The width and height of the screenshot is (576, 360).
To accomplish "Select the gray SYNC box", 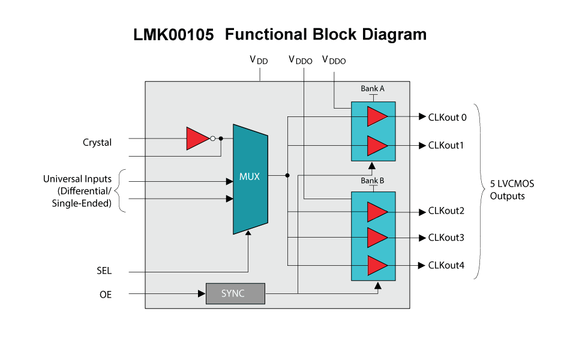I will pos(235,293).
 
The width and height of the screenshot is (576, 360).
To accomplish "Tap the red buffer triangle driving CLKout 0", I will pos(376,116).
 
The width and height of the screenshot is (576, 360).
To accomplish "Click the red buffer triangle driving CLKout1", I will pos(376,145).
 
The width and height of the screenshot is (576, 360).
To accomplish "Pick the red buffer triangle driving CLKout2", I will pos(376,211).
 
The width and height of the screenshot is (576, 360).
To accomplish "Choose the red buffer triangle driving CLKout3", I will pos(376,238).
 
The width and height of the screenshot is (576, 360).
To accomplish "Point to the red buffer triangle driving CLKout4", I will pos(376,265).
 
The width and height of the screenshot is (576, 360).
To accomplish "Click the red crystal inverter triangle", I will pos(196,138).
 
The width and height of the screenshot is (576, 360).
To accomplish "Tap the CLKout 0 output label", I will pos(448,117).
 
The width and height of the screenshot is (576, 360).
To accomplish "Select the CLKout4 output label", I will pos(446,265).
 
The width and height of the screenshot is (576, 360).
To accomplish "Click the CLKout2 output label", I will pos(446,211).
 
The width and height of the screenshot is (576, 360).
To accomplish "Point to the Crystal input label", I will pos(97,143).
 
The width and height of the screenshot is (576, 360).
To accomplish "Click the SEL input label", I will pos(104,271).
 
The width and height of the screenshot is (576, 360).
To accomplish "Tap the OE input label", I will pos(105,295).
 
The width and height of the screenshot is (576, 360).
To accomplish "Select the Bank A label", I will pos(372,89).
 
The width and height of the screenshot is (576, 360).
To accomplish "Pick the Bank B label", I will pos(372,181).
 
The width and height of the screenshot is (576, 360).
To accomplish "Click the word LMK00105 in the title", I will pos(173,35).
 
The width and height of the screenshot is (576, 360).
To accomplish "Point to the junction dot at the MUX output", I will pos(287,175).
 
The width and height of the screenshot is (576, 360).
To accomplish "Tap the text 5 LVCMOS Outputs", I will pos(512,190).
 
